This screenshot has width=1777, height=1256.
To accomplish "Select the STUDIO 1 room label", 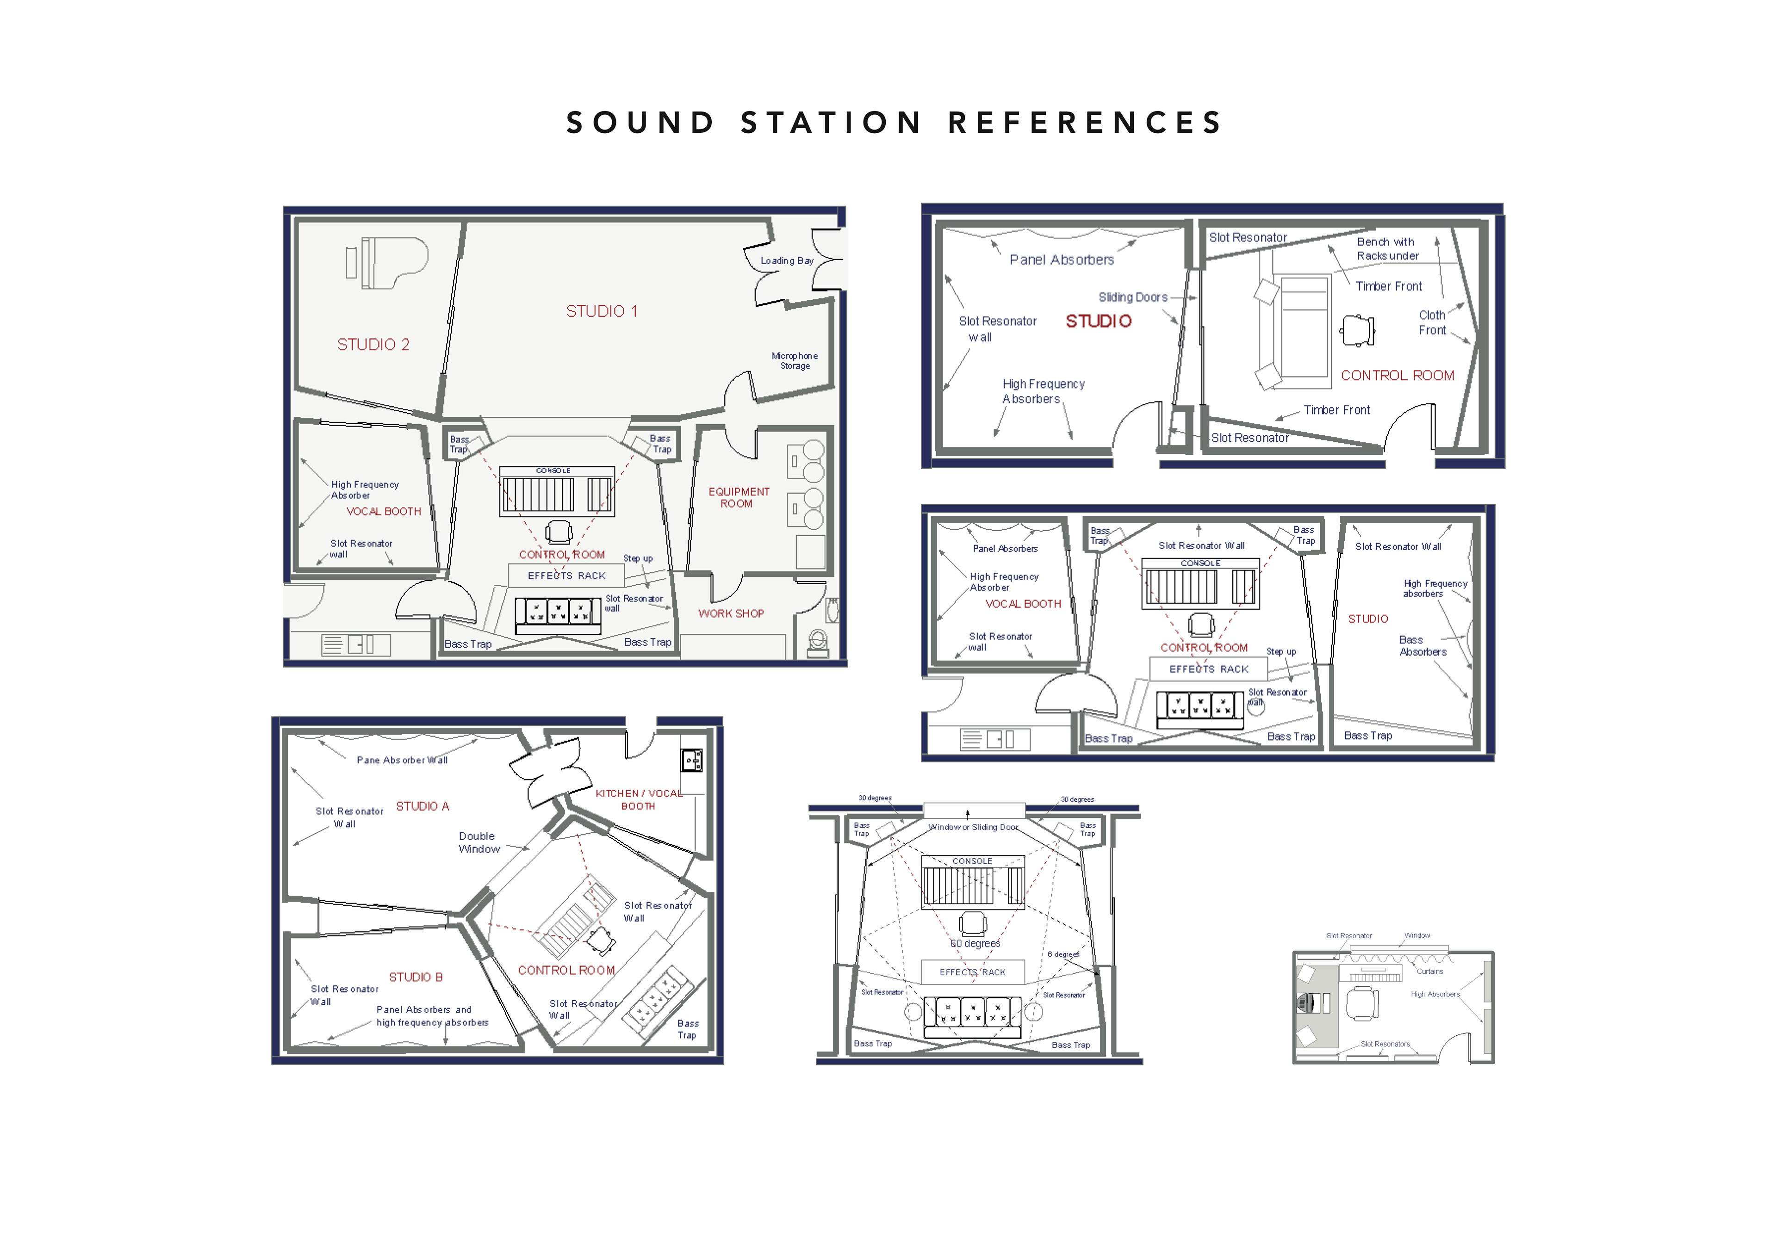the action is click(x=602, y=311).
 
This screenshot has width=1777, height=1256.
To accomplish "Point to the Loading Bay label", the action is click(x=786, y=261).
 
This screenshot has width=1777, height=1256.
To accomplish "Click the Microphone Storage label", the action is click(x=794, y=361).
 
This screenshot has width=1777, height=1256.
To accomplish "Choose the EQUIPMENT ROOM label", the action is click(x=739, y=498).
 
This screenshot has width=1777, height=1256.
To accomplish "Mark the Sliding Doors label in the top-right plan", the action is click(x=1132, y=297).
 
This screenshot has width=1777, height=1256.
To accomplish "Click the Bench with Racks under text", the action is click(x=1387, y=248).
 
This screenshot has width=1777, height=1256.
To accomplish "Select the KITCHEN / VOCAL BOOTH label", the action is click(x=639, y=799).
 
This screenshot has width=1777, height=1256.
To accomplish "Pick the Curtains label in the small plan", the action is click(x=1429, y=971).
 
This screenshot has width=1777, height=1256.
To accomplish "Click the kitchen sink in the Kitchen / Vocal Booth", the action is click(x=691, y=760).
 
